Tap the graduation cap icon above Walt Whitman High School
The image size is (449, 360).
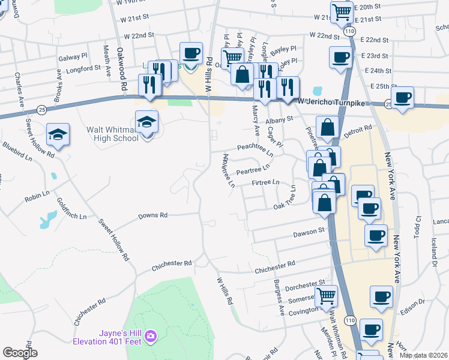coord(146,122)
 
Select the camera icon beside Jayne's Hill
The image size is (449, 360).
coord(151,337)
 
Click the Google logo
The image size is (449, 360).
coord(20,353)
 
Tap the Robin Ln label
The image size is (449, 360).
coord(37,197)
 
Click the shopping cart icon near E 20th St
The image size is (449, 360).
coord(342,12)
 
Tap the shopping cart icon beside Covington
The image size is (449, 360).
coord(326,296)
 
